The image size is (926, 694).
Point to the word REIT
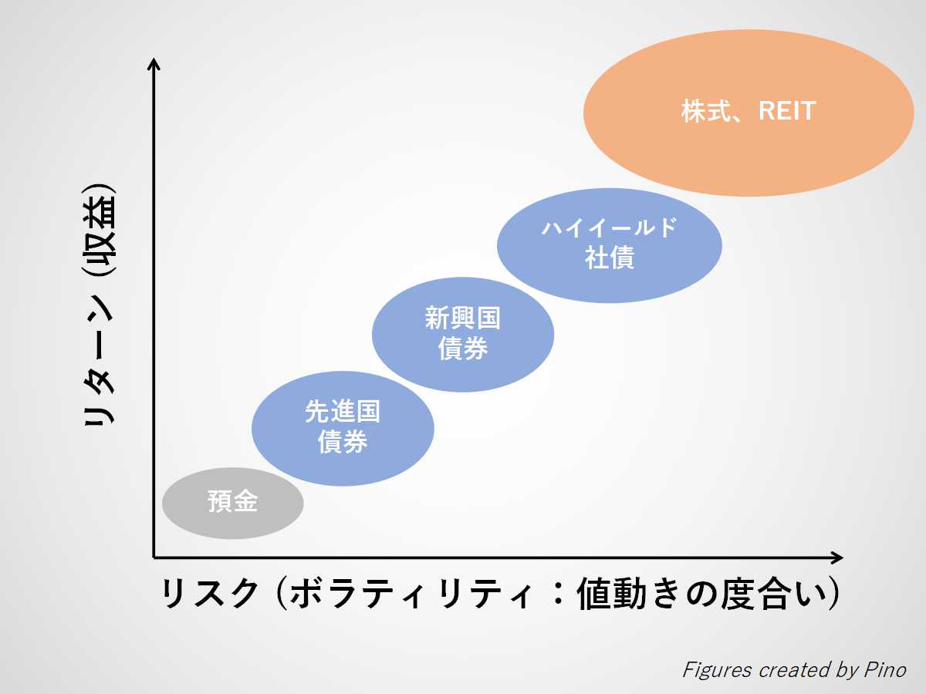point(786,112)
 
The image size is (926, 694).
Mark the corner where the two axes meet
point(154,557)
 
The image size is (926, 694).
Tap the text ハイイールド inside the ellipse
point(610,228)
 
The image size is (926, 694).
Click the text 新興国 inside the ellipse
point(463,319)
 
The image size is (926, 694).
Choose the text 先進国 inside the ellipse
point(343,413)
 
